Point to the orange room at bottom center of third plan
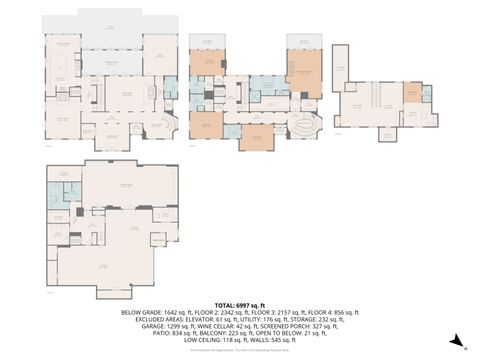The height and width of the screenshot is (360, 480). [x=255, y=135]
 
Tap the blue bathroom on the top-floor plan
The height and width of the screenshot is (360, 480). [x=428, y=96]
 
